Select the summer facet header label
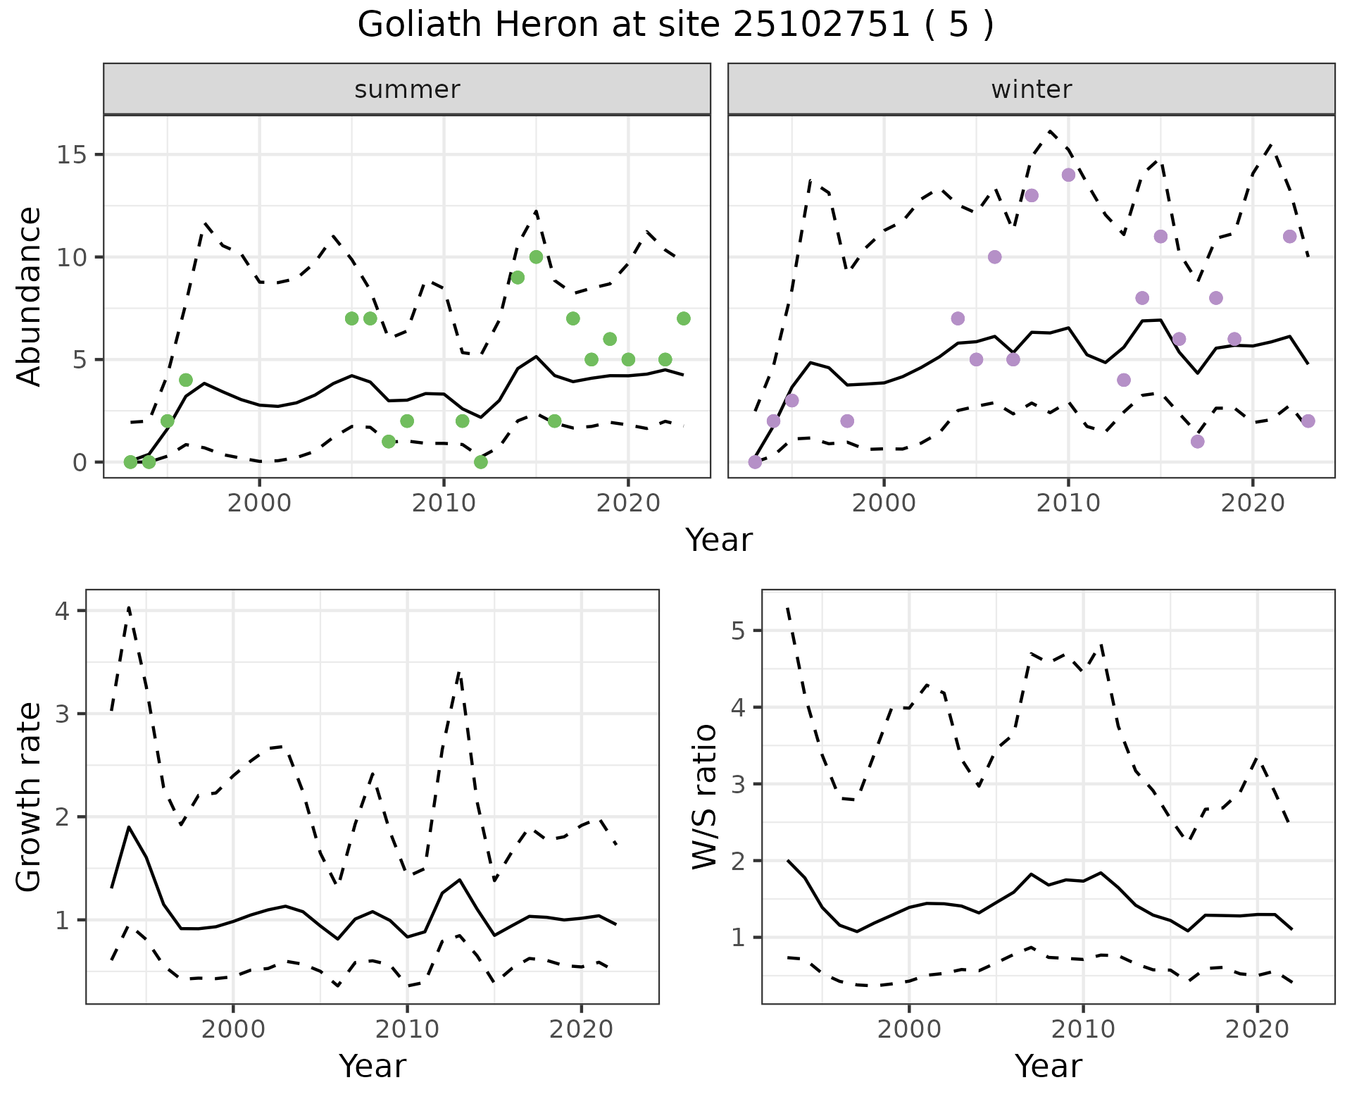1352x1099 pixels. (407, 89)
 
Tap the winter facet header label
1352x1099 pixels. (1031, 89)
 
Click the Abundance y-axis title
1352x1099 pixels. (30, 296)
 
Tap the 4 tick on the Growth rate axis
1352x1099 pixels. (63, 611)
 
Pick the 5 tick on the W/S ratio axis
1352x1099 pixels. (738, 631)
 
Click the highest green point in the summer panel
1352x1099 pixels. (536, 257)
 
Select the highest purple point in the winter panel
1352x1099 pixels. (1068, 175)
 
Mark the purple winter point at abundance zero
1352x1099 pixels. (755, 462)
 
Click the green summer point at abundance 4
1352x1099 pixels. (186, 380)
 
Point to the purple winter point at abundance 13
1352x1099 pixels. (1032, 196)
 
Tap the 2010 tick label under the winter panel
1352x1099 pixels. (1068, 503)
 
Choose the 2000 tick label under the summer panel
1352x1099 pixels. (260, 503)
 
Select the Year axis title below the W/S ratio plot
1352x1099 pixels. (1048, 1067)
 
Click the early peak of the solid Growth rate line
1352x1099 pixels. (129, 827)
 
